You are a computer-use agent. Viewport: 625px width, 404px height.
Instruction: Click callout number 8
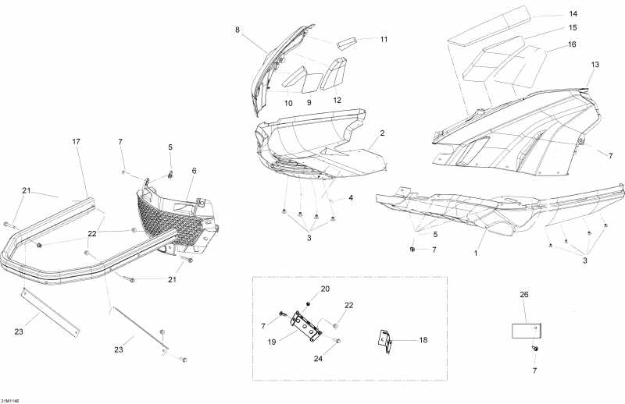[x=237, y=30]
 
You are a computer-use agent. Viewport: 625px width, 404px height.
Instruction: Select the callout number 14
[x=573, y=14]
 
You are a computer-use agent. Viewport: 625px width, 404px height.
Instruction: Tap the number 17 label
[x=76, y=141]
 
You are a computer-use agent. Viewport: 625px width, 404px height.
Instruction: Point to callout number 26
[x=523, y=295]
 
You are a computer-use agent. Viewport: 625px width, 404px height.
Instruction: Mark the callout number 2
[x=382, y=133]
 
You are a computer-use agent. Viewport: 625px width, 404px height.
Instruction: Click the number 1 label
[x=477, y=254]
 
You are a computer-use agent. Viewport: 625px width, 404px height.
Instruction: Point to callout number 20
[x=325, y=289]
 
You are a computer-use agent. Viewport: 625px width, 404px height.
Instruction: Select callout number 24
[x=318, y=360]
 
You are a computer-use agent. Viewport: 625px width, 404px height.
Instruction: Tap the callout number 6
[x=193, y=170]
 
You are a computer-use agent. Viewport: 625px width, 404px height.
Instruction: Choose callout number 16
[x=573, y=44]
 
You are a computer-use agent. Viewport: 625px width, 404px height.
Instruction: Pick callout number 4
[x=351, y=198]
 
